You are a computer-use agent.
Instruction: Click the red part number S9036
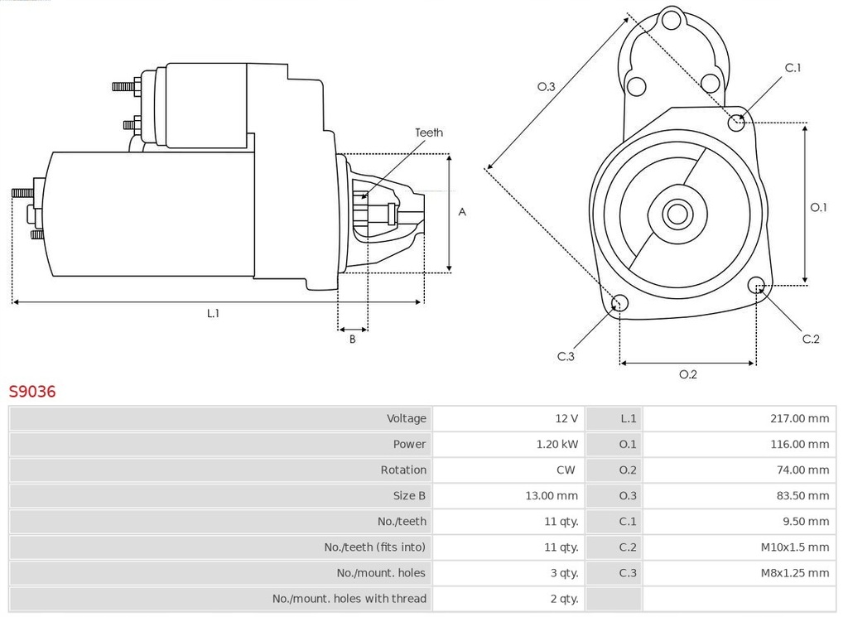pyautogui.click(x=32, y=392)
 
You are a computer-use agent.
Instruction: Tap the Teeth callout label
pyautogui.click(x=428, y=133)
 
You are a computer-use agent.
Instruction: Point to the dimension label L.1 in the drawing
pyautogui.click(x=213, y=313)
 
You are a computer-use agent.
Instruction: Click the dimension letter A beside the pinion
pyautogui.click(x=462, y=212)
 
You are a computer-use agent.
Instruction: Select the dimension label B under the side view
pyautogui.click(x=352, y=339)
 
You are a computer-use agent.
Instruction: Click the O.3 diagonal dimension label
pyautogui.click(x=546, y=86)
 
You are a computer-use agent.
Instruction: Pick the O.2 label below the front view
pyautogui.click(x=688, y=374)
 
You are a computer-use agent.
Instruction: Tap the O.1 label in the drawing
pyautogui.click(x=818, y=207)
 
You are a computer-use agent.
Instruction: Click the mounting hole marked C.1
pyautogui.click(x=736, y=123)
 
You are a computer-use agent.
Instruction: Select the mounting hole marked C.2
pyautogui.click(x=756, y=286)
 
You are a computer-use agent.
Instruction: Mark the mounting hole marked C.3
pyautogui.click(x=619, y=303)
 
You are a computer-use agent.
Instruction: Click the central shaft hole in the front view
pyautogui.click(x=677, y=215)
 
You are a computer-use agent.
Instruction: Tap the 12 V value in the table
pyautogui.click(x=567, y=418)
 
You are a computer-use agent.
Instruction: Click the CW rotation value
pyautogui.click(x=566, y=470)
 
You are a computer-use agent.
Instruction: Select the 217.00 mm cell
pyautogui.click(x=799, y=418)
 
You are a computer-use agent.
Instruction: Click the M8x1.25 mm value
pyautogui.click(x=793, y=572)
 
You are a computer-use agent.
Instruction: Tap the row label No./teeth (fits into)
pyautogui.click(x=374, y=547)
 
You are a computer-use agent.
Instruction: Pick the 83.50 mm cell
pyautogui.click(x=802, y=495)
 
